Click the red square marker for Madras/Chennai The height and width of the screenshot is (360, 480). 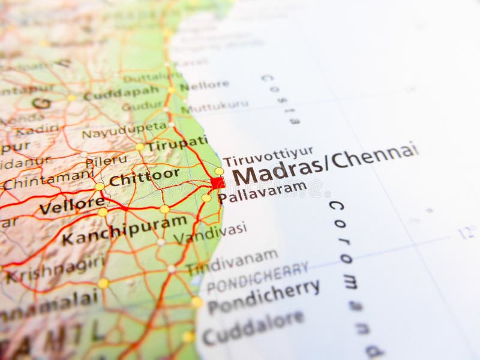point(218,182)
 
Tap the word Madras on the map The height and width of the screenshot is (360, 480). point(277,170)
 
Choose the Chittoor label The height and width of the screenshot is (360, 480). point(144,177)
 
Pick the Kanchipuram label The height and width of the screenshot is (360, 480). point(124,230)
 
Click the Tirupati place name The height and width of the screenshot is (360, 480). point(177,143)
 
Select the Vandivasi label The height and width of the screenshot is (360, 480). point(210,232)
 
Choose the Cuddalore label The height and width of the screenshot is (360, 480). point(253,326)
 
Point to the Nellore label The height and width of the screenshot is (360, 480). point(205,86)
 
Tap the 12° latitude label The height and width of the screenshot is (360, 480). point(467,232)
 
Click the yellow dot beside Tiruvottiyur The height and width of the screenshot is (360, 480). point(219,171)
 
